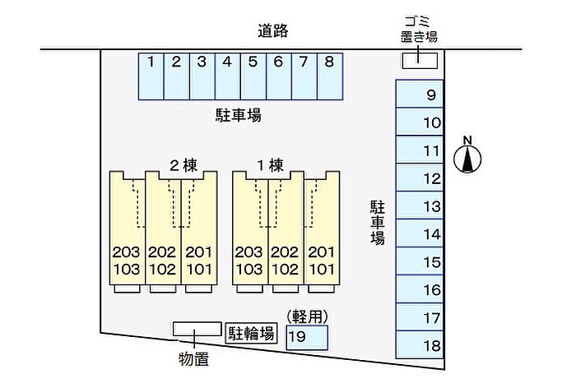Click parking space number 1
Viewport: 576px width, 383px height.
coord(151,75)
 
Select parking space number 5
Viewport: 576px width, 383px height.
coord(253,75)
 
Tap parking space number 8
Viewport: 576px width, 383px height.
coord(329,75)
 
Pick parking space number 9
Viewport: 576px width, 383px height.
coord(420,95)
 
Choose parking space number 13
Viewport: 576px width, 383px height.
coord(420,205)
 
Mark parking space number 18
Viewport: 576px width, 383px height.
coord(420,345)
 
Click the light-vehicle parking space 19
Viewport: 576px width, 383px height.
coord(307,337)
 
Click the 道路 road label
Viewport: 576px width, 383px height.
coord(275,32)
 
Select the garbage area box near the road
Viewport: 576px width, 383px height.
coord(420,59)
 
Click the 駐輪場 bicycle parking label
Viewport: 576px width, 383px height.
coord(252,333)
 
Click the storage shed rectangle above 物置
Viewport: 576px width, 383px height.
coord(197,329)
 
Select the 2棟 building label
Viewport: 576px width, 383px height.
coord(183,164)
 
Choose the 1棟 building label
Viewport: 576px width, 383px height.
coord(270,164)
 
